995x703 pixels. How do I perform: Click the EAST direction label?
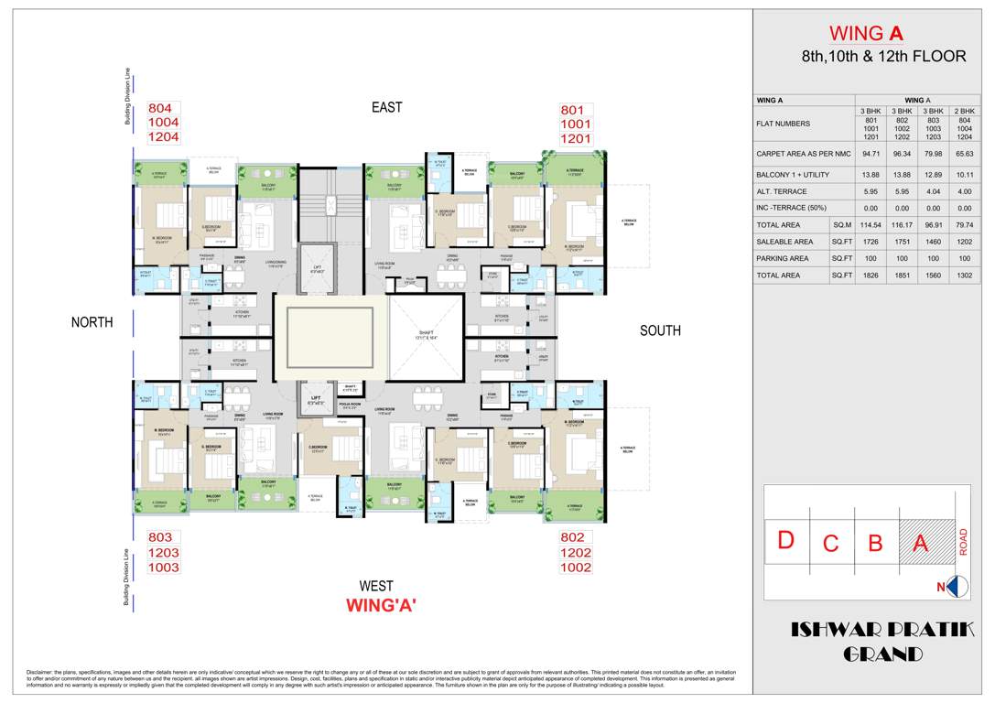(386, 108)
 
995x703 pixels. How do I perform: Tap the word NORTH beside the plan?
(92, 322)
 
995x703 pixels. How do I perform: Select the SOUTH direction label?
(660, 330)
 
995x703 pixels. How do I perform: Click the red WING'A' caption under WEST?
(382, 605)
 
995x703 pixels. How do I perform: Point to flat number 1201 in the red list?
(577, 139)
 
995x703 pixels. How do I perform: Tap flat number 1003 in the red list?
(165, 568)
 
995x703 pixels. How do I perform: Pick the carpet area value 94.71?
(871, 154)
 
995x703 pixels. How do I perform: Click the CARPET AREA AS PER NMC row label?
(803, 154)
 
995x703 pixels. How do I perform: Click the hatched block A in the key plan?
(921, 543)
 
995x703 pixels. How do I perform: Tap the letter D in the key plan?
(784, 540)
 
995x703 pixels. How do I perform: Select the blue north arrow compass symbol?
(957, 587)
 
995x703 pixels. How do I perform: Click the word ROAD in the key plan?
(962, 541)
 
